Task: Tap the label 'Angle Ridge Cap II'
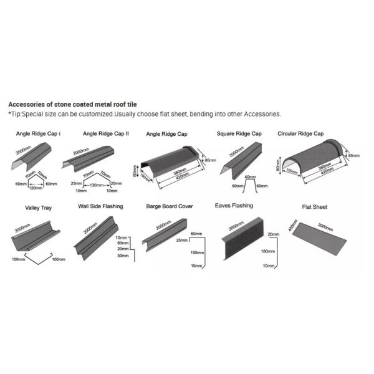(106, 133)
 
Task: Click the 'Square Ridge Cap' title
(239, 133)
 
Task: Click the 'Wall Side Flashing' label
(100, 206)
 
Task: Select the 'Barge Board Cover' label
(170, 206)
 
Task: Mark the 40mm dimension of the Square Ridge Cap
(249, 176)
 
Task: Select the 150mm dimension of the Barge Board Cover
(198, 252)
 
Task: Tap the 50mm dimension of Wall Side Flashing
(123, 256)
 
